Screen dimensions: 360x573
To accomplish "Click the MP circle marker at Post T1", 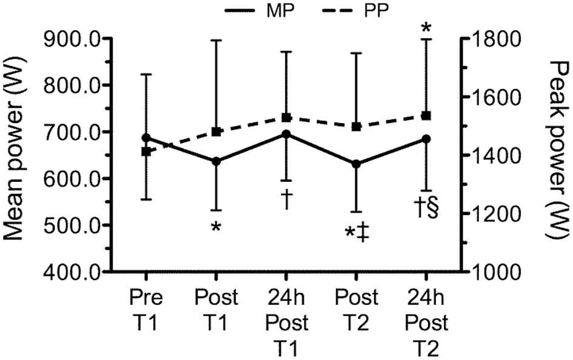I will pos(216,161).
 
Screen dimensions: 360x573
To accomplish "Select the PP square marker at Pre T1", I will pos(146,151).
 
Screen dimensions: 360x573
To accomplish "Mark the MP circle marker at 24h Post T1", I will pos(286,134).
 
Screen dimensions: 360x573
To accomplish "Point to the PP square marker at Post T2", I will pos(357,126).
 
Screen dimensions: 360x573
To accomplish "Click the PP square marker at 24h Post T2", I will pos(426,115).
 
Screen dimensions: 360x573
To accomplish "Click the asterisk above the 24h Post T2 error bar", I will pos(426,28).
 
